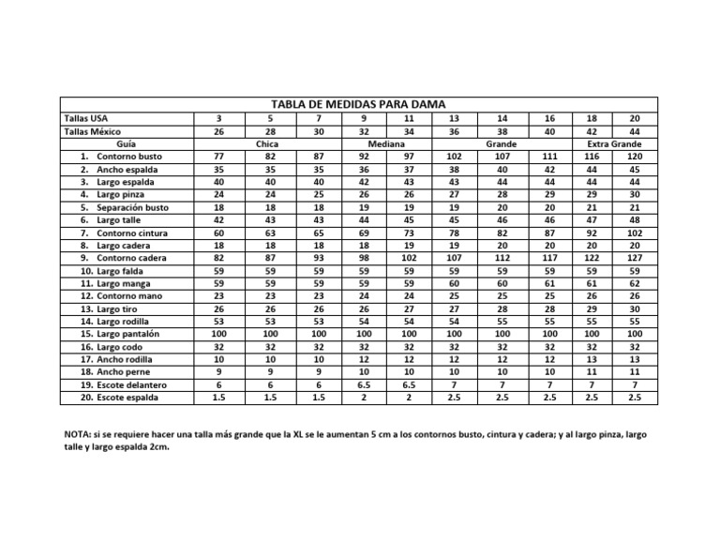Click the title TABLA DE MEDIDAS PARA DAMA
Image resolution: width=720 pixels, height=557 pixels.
click(x=358, y=104)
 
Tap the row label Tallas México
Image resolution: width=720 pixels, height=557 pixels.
click(x=91, y=132)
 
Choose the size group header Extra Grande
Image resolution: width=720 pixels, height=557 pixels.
click(x=614, y=144)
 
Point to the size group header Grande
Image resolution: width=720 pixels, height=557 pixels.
click(x=502, y=144)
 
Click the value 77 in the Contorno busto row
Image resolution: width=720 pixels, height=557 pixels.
click(x=218, y=157)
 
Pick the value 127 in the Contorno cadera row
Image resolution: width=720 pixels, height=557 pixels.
click(x=634, y=258)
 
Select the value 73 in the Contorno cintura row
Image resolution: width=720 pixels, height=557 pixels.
click(x=409, y=233)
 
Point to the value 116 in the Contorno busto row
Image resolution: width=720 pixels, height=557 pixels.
click(x=591, y=157)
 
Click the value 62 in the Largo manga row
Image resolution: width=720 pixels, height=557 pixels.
click(x=634, y=283)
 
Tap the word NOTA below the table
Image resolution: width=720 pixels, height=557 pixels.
click(x=79, y=436)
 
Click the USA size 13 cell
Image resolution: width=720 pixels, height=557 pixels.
click(x=454, y=119)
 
